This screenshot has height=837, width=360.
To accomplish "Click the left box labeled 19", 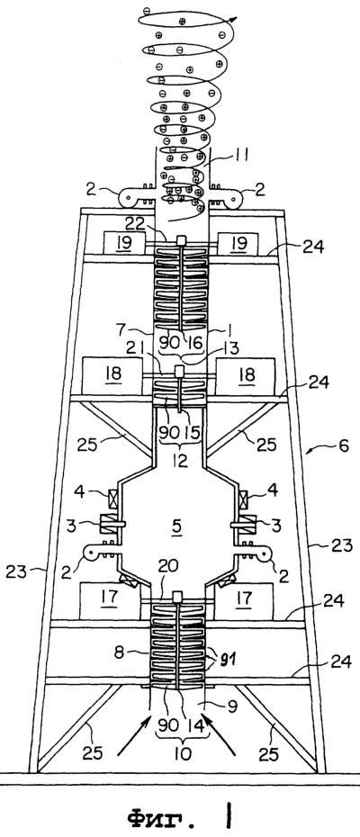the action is (x=123, y=243).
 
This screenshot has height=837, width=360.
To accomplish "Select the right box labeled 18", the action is (x=245, y=376).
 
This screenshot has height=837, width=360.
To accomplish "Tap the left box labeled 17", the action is (x=110, y=601).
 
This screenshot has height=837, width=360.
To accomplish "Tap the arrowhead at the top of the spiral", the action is (x=232, y=19).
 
